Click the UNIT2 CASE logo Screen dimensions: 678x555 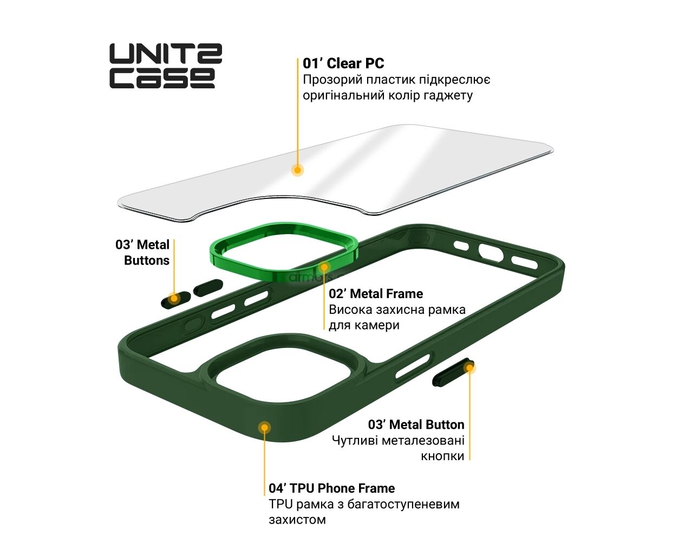[166, 66]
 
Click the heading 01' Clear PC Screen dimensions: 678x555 [343, 63]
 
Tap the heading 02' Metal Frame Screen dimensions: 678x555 [376, 293]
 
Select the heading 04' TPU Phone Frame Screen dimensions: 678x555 [332, 488]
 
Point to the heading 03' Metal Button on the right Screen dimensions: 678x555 [416, 425]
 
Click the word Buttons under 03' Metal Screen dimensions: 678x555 [147, 260]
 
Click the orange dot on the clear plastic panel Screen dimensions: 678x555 [297, 170]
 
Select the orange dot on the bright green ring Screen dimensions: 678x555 [324, 267]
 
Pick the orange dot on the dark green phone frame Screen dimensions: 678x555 [264, 428]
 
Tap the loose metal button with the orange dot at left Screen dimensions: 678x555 [175, 300]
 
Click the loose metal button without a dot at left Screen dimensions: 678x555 [208, 288]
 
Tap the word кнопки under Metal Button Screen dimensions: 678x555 [442, 456]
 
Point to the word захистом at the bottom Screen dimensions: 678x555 [297, 520]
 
